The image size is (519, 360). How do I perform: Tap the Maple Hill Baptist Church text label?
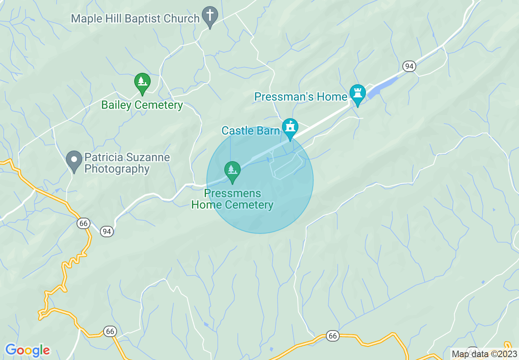click(x=135, y=18)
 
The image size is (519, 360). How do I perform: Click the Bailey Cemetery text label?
click(x=142, y=105)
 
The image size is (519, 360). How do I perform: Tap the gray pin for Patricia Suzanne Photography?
click(x=74, y=160)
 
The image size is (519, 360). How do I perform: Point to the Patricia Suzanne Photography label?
click(x=127, y=163)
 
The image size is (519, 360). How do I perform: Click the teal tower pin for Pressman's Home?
click(x=357, y=94)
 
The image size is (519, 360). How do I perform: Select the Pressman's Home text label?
click(x=300, y=97)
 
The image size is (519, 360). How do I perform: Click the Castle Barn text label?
click(x=250, y=130)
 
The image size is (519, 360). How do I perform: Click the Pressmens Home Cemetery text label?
click(x=232, y=199)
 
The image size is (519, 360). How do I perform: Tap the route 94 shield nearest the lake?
click(x=409, y=66)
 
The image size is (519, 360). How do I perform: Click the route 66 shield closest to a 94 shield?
click(x=83, y=223)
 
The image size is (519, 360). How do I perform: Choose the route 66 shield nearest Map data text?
click(x=333, y=336)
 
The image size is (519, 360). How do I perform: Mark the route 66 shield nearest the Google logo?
click(x=109, y=331)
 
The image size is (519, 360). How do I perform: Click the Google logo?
click(x=27, y=350)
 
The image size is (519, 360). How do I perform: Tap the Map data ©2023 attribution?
click(x=484, y=354)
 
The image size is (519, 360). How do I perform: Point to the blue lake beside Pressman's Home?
click(x=383, y=88)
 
